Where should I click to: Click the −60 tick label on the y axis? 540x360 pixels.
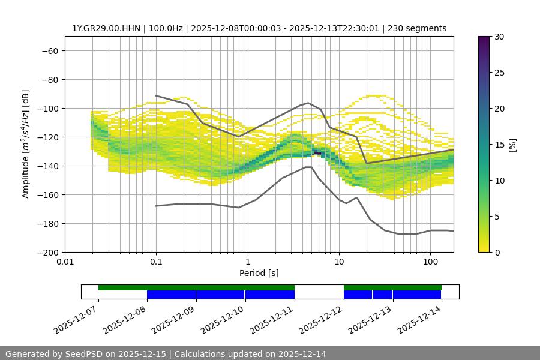point(49,51)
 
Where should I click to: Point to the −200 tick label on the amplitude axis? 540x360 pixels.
point(47,253)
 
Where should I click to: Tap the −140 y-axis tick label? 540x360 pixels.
point(47,166)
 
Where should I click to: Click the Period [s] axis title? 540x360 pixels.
point(259,274)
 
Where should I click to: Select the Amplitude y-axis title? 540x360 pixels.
point(26,144)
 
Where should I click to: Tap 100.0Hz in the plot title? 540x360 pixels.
point(168,28)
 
